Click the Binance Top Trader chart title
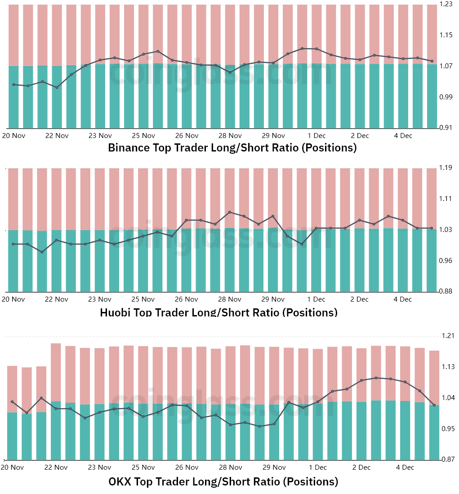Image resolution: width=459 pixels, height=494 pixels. point(232,148)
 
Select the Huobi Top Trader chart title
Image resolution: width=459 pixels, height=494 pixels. point(218,312)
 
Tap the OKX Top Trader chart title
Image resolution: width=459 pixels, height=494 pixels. point(223,482)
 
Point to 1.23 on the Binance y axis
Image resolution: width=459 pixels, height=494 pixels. point(446,4)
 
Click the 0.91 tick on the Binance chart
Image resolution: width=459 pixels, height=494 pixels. point(446,128)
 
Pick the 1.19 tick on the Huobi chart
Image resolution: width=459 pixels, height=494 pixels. point(446,168)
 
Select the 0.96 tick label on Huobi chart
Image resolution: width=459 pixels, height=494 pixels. point(446,261)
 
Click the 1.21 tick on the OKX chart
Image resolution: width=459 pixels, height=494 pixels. point(448,336)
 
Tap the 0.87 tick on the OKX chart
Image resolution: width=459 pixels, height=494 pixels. point(448,459)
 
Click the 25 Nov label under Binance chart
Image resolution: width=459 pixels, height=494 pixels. point(143,136)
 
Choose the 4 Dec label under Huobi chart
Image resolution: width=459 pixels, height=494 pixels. point(403,299)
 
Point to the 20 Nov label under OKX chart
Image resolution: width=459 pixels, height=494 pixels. point(12,467)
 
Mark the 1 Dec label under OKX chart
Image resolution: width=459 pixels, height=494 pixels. point(317,467)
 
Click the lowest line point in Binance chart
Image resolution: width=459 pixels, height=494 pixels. point(57,88)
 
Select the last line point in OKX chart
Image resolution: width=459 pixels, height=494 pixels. point(434,405)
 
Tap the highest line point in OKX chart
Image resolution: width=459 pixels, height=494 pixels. point(376,378)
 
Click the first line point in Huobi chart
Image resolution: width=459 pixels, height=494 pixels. point(13,244)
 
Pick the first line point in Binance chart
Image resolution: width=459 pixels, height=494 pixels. point(13,85)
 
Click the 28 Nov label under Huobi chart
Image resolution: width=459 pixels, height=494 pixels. point(230,299)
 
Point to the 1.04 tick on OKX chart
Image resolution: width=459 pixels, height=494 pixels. point(448,398)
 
